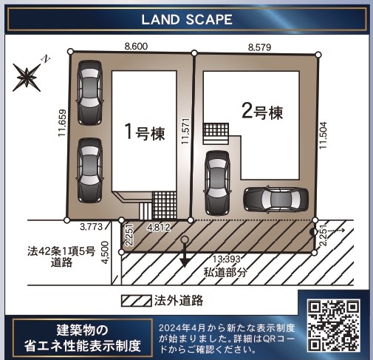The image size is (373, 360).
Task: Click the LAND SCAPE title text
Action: pos(187,20)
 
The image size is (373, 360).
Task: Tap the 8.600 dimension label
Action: pos(136,47)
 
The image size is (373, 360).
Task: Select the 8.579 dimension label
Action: pos(259,47)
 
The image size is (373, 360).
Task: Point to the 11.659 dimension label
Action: pos(62,123)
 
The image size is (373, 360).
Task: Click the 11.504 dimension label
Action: pos(323,135)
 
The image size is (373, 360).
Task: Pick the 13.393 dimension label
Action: pos(227,259)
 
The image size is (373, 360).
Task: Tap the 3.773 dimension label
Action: pos(91,227)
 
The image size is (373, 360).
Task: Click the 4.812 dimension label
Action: pos(159,227)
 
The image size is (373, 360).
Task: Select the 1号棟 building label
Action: pos(145,132)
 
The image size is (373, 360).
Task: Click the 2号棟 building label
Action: pos(262,112)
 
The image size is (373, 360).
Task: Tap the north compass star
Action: pos(27,77)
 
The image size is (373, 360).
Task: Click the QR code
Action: pos(334,325)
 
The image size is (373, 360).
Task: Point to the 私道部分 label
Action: pos(225,272)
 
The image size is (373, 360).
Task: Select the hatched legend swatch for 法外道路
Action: pos(137,301)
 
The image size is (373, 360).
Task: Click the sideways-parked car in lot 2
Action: pos(276,200)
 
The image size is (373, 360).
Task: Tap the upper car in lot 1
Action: pos(89,92)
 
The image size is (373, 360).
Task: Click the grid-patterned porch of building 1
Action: pos(165,206)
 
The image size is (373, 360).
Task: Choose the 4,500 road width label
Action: pos(106,253)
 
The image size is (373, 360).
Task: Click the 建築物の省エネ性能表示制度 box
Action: pos(83,338)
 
